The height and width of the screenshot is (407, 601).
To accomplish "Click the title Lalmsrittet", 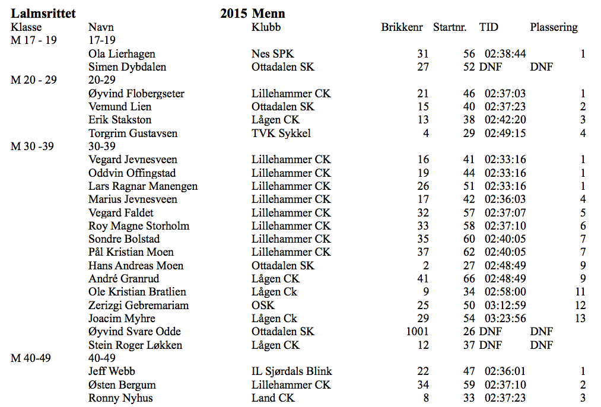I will click(x=43, y=14).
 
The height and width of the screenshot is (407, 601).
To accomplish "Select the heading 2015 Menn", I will click(x=253, y=14).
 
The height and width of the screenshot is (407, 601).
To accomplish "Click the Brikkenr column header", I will click(x=402, y=27).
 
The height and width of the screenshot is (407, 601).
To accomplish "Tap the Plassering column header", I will click(x=554, y=27).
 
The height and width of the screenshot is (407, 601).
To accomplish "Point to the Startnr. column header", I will click(x=450, y=27).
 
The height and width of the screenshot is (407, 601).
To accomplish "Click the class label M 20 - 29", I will click(x=34, y=80).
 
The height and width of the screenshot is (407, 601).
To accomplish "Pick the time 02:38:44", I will click(x=505, y=54).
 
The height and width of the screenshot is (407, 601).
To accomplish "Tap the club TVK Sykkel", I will click(x=281, y=133).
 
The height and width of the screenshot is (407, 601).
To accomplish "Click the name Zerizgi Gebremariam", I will click(x=138, y=306).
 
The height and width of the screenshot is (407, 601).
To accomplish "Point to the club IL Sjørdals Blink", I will click(x=292, y=371).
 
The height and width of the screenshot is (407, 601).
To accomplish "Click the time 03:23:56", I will click(x=505, y=319).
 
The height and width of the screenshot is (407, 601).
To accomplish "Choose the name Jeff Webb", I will click(x=112, y=371).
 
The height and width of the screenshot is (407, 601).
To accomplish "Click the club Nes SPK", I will click(x=273, y=54).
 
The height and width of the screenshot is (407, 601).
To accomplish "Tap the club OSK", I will click(x=263, y=306).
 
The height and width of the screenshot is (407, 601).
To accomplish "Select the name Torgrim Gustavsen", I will click(x=133, y=133).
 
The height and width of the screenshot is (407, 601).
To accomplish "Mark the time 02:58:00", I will click(x=505, y=292).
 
